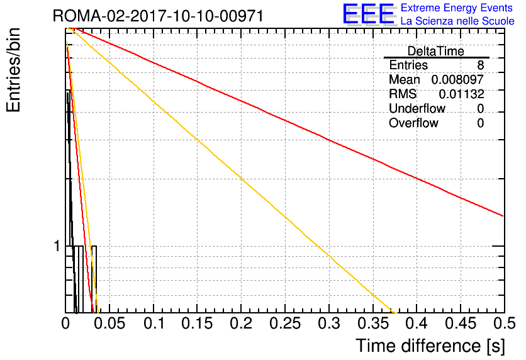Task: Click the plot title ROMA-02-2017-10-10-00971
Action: point(158,16)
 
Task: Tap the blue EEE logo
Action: point(369,14)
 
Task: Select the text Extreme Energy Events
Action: point(457,8)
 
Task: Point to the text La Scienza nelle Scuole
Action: point(457,21)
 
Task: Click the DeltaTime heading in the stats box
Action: point(436,51)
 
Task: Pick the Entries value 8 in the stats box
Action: point(480,65)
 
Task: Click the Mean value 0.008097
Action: point(457,79)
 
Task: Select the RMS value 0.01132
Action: point(462,94)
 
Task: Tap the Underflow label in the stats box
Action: point(417,108)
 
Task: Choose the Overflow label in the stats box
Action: point(413,123)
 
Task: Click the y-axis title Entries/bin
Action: point(14,70)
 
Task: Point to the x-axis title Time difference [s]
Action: point(430,346)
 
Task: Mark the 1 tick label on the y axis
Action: point(57,246)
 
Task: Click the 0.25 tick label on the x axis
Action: point(285,323)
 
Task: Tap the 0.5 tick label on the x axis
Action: point(504,323)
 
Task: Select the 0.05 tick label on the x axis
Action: point(109,323)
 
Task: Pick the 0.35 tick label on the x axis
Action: point(372,323)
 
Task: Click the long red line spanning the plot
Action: point(287,121)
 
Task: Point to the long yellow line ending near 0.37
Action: point(232,170)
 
